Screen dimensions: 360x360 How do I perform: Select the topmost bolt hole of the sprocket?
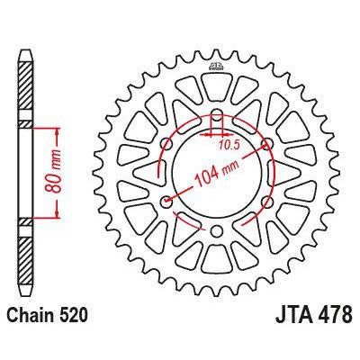[x=216, y=114]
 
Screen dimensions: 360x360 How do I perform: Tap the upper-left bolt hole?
[x=166, y=144]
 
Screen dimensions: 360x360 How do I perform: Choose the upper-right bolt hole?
[x=266, y=144]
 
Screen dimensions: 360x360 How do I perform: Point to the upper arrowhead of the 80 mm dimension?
[x=59, y=126]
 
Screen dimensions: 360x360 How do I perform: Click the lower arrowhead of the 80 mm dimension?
[x=59, y=216]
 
